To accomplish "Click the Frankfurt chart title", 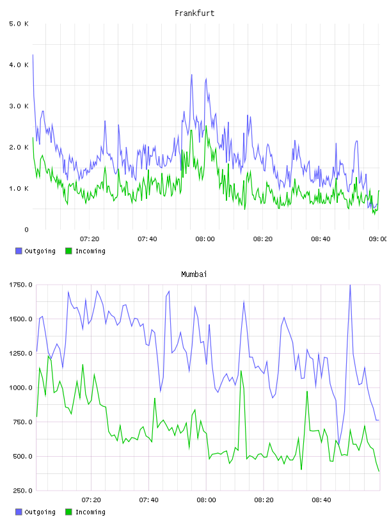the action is coord(194,13).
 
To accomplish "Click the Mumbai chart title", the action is coord(194,274).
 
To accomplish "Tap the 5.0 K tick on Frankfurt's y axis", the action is coord(19,24).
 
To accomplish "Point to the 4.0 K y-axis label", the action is coord(19,65).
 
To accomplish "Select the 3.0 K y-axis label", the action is coord(19,106).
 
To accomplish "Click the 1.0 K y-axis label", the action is coord(19,189).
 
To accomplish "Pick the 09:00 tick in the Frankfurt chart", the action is coord(378,239).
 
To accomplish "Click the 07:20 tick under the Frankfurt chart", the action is coord(90,239).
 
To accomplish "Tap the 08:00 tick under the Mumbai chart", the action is coord(206,500).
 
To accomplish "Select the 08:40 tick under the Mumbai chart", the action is coord(321,500).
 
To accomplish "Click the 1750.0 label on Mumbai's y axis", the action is coord(20,285).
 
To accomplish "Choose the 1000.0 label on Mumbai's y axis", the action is coord(20,388).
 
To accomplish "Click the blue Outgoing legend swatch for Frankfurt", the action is coord(19,251).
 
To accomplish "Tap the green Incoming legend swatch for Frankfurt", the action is coord(68,251).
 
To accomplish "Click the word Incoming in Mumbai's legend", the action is coord(90,512).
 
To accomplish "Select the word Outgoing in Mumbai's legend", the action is coord(40,512).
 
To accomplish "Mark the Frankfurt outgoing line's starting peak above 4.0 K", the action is coord(33,55).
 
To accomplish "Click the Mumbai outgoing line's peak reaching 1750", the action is coord(350,285).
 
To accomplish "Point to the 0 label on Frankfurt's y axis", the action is coord(27,230).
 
